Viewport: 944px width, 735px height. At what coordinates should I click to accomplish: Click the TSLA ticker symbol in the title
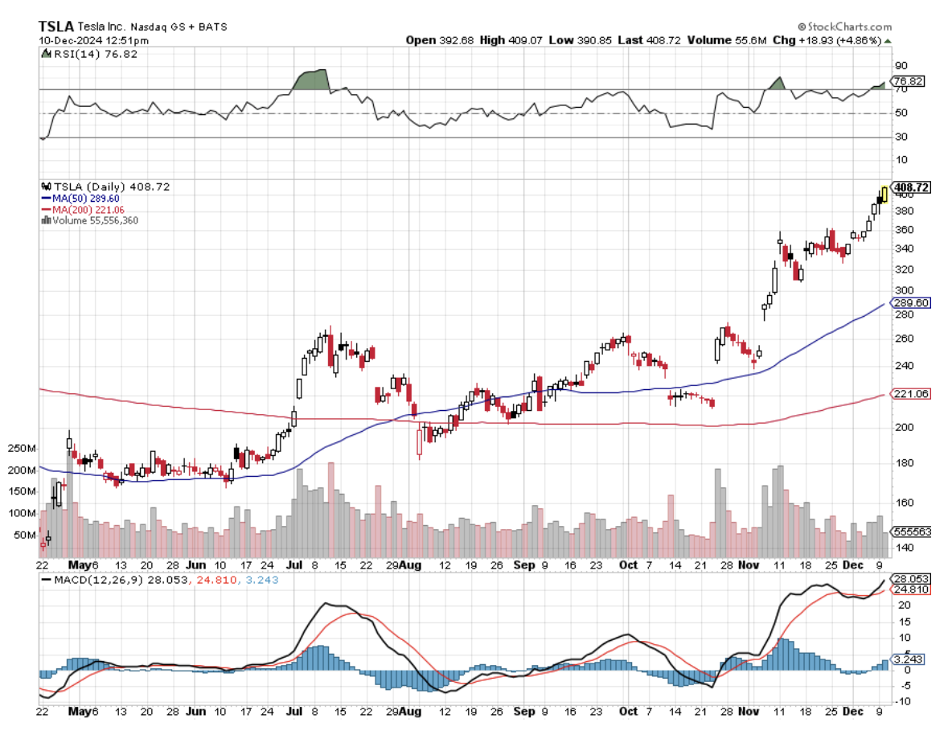[x=56, y=26]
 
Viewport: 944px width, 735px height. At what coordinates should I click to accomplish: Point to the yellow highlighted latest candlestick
[x=884, y=193]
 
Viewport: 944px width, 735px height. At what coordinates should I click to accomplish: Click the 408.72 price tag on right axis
[x=911, y=187]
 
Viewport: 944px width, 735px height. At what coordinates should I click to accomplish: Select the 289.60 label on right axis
[x=911, y=302]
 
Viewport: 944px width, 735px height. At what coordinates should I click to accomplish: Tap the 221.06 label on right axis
[x=911, y=394]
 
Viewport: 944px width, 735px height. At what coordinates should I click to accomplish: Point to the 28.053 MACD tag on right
[x=912, y=579]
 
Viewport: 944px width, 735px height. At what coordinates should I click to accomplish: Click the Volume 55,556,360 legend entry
[x=93, y=220]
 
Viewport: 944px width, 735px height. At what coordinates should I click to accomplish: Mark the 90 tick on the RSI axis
[x=901, y=65]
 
